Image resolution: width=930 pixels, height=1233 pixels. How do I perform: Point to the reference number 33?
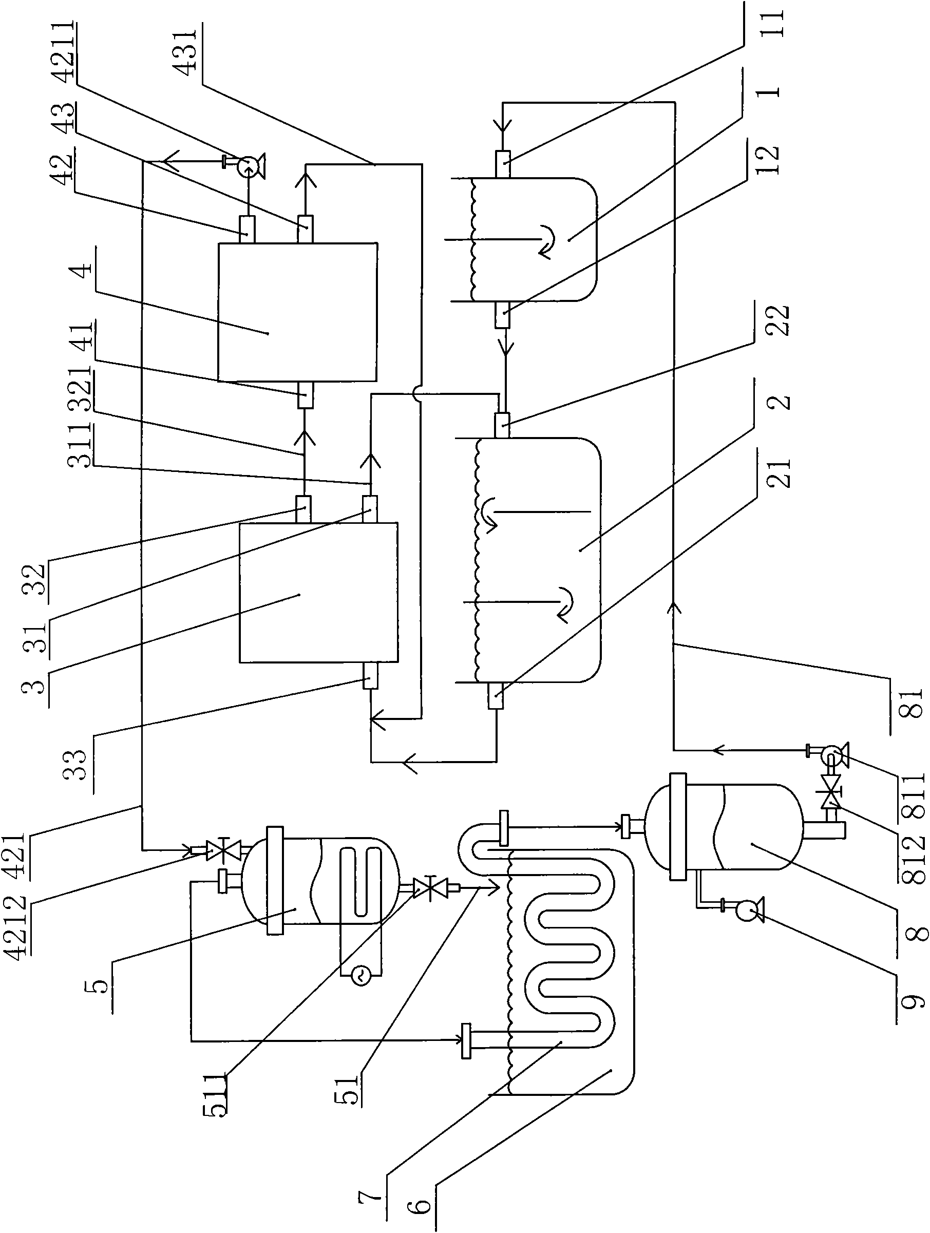click(x=76, y=763)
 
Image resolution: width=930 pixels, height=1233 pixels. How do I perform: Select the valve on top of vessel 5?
click(x=222, y=849)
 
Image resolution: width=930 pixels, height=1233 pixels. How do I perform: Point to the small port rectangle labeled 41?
click(x=306, y=395)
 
